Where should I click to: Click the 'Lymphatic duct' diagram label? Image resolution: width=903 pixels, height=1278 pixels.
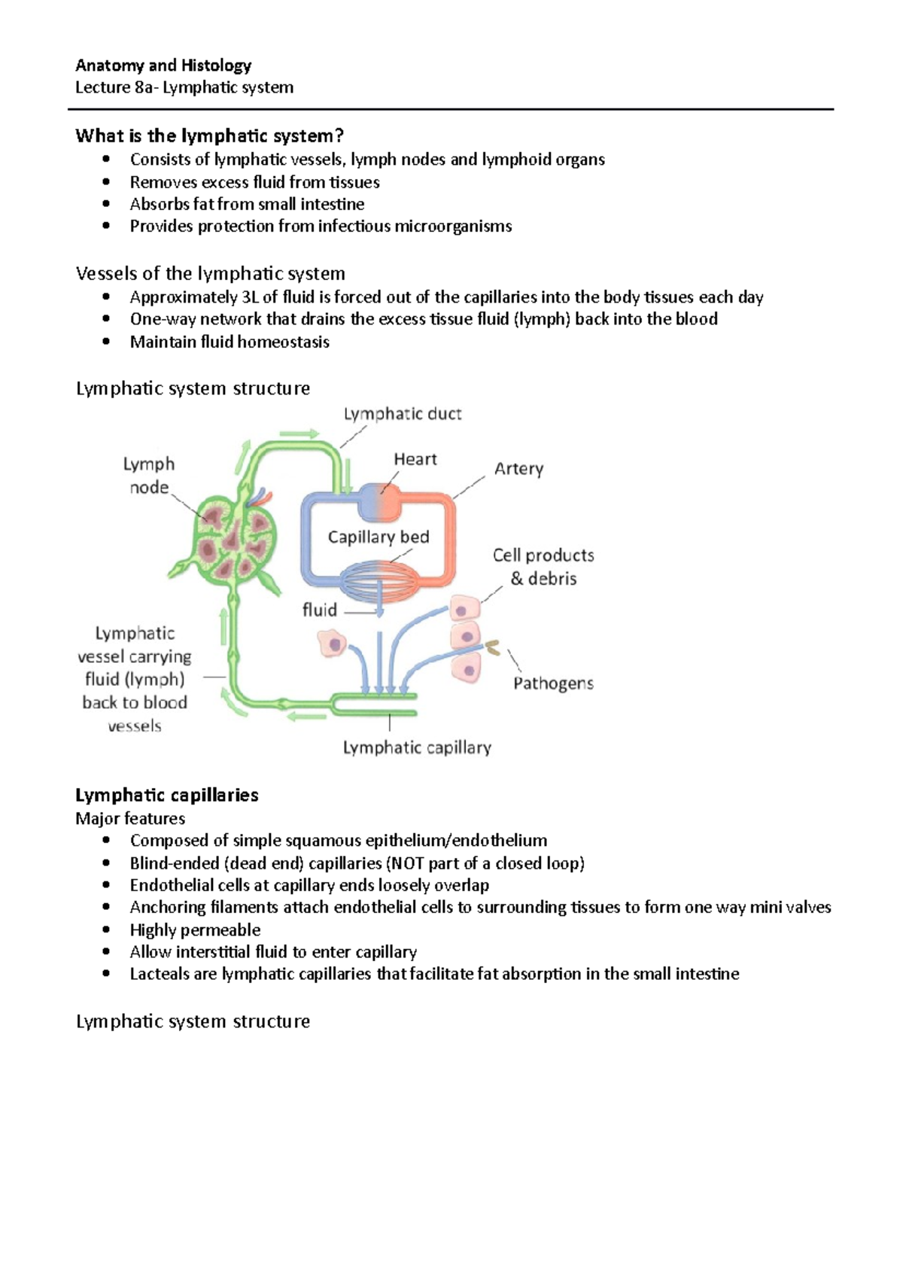click(x=402, y=414)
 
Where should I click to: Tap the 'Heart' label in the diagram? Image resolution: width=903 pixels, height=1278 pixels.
click(x=415, y=459)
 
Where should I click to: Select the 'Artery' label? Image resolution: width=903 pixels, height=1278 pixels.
click(x=518, y=469)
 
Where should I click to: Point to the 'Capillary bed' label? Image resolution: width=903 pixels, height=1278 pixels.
click(x=378, y=537)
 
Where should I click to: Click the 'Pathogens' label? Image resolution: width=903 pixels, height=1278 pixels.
click(x=553, y=683)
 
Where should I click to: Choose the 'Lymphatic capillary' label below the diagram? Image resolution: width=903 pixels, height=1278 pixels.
click(x=417, y=747)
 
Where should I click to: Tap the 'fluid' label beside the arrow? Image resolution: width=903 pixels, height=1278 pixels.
click(x=319, y=610)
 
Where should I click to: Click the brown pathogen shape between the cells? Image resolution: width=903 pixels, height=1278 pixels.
click(x=493, y=647)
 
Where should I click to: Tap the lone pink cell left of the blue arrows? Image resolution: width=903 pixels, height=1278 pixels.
click(x=332, y=644)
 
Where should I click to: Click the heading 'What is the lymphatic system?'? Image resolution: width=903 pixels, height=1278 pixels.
click(x=209, y=136)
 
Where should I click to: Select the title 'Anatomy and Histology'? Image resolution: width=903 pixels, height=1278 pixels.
click(x=163, y=65)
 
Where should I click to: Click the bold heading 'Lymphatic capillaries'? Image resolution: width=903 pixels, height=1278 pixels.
click(x=167, y=795)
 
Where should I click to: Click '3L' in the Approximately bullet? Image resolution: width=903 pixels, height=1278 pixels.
click(x=250, y=297)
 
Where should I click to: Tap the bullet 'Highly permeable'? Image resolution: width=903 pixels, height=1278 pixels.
click(x=195, y=930)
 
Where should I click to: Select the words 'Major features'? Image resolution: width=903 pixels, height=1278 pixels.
click(x=130, y=818)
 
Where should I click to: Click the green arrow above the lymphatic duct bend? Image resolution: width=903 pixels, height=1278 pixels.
click(x=299, y=434)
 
